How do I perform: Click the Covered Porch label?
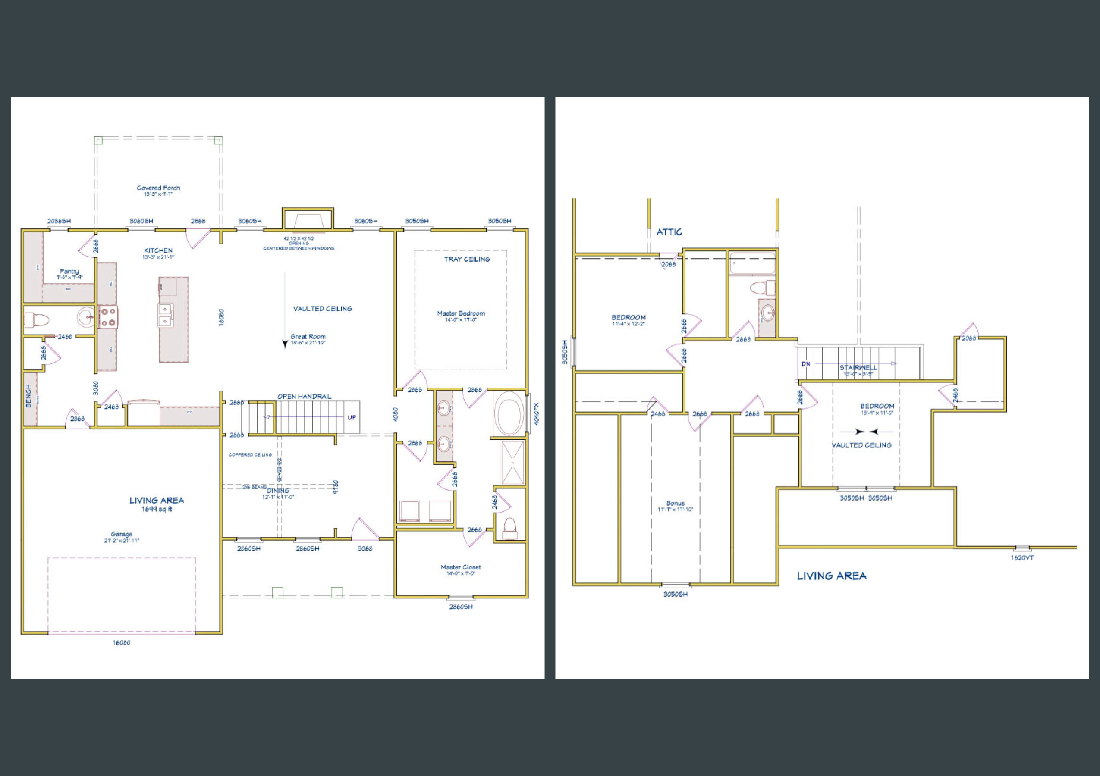point(158,188)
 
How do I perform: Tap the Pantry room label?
point(69,272)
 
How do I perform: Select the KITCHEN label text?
point(158,250)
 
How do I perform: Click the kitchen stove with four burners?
point(108,317)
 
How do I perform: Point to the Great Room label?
point(308,337)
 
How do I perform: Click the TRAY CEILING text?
point(467,259)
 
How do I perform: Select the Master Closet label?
point(460,567)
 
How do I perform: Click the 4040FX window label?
point(536,413)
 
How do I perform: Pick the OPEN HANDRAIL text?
point(304,396)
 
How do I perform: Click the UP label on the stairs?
point(352,417)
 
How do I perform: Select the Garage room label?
point(121,534)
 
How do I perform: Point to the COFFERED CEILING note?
point(250,455)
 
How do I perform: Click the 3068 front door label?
point(365,549)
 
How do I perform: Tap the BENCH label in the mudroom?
point(28,396)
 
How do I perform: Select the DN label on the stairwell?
point(806,364)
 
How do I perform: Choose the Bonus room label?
point(675,503)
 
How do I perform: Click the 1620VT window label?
point(1022,558)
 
